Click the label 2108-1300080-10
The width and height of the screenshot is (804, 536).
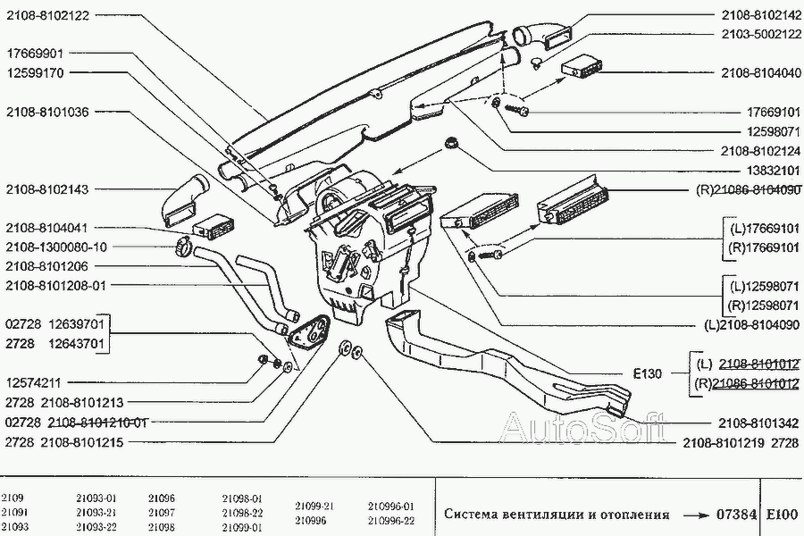click(x=55, y=247)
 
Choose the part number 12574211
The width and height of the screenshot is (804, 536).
click(x=33, y=381)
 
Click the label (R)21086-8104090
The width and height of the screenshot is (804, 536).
click(x=748, y=190)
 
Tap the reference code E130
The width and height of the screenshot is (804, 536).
click(x=647, y=373)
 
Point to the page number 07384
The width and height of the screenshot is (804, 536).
click(x=736, y=515)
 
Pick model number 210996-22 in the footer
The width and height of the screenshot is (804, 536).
click(x=391, y=521)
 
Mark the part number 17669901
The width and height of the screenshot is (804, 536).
click(x=33, y=54)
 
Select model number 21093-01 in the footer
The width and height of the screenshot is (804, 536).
click(x=97, y=498)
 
